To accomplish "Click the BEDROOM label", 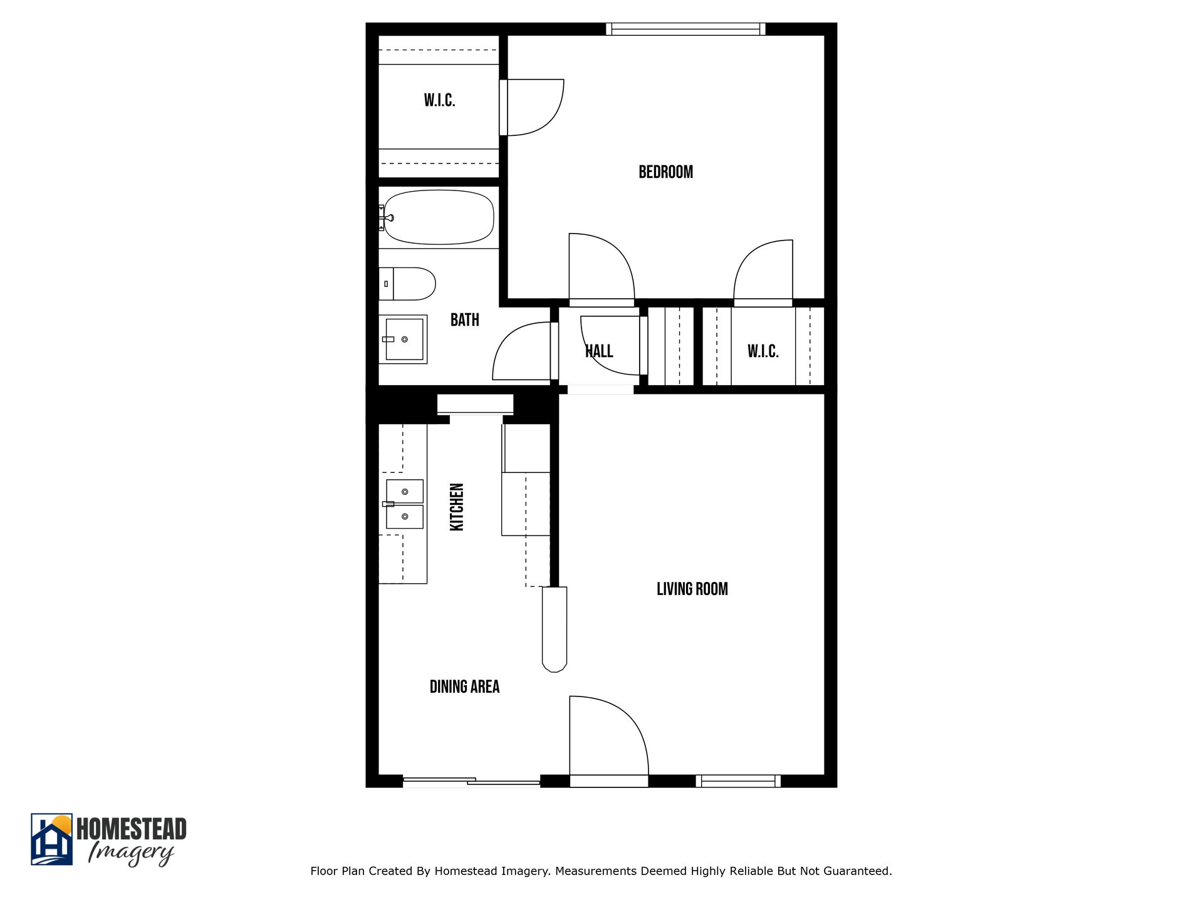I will coord(665,172).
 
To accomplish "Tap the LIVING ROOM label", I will coord(692,589).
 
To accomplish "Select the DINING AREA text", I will coord(464,687).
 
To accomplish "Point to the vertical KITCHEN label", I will coord(457,507).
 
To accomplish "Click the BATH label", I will coord(464,320).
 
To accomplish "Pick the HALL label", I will coord(599,351).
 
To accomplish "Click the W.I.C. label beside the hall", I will coord(763,351).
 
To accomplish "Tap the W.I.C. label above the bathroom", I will coord(439,100).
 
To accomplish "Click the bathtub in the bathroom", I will coord(439,217).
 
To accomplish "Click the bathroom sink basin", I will coord(404,339).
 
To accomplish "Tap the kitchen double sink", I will coord(405,504).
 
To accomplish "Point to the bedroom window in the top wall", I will coord(685,29).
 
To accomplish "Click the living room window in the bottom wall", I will coord(738,780).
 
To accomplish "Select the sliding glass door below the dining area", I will coord(471,781).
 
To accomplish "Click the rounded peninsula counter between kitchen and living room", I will coord(554,630).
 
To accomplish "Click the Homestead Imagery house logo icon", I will coord(51,839).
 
